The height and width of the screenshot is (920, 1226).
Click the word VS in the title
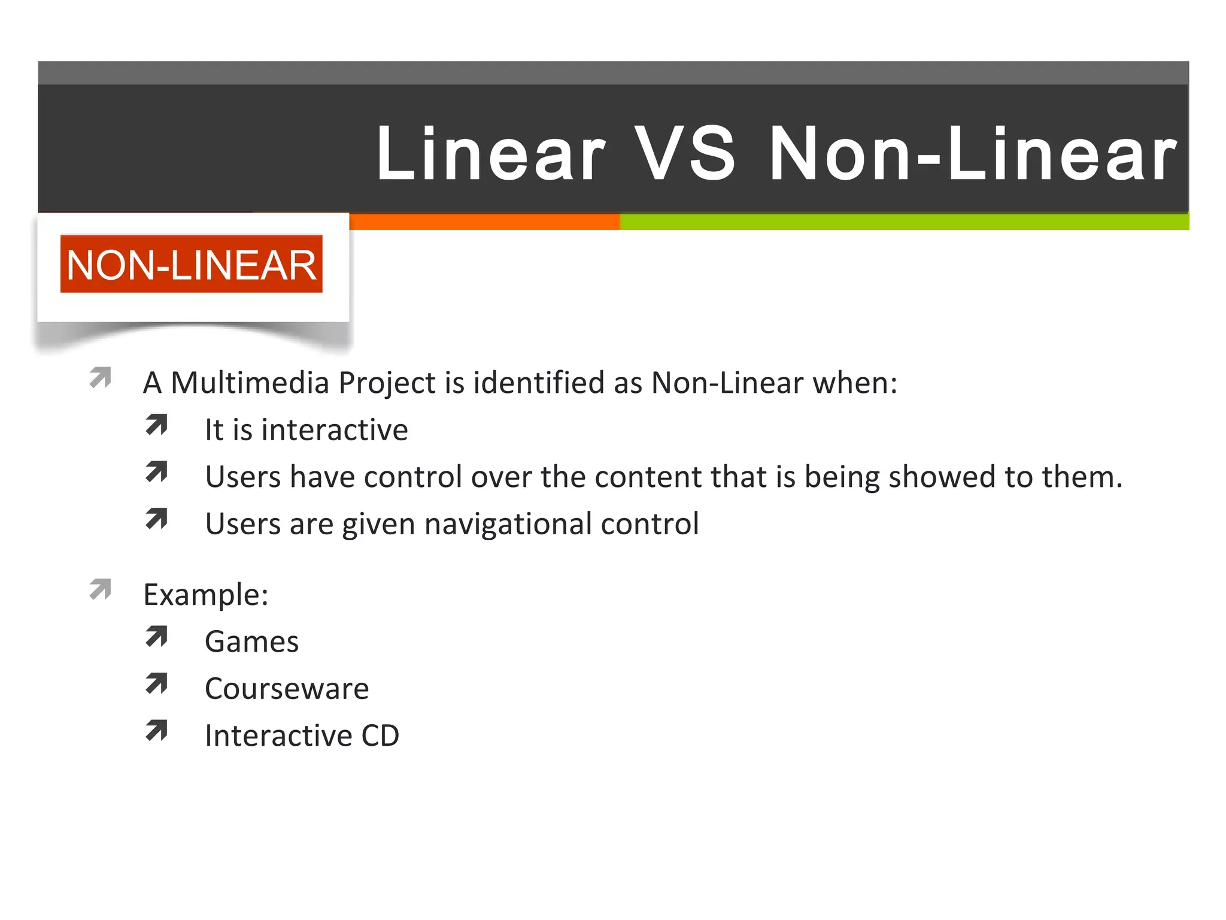pos(685,155)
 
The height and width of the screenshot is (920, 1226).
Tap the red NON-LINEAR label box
pos(191,264)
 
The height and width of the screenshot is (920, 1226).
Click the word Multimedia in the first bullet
pos(250,383)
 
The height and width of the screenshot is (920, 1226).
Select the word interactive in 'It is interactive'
pos(335,430)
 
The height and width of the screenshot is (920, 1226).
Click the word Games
pos(251,642)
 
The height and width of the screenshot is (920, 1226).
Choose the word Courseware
pos(287,689)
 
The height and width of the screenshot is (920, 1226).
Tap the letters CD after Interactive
pos(380,736)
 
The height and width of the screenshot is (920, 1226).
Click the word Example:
pos(206,595)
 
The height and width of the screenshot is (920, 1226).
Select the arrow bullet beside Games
pos(157,637)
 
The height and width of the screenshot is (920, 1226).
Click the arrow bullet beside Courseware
pos(157,683)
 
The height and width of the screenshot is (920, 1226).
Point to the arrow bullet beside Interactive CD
pos(157,730)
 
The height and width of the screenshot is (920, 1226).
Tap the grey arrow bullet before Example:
pos(101,589)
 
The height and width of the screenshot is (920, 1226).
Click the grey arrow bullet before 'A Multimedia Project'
pos(101,377)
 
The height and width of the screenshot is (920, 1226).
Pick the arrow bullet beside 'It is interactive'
pos(157,425)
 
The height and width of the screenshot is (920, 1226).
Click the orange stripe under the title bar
pos(485,222)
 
